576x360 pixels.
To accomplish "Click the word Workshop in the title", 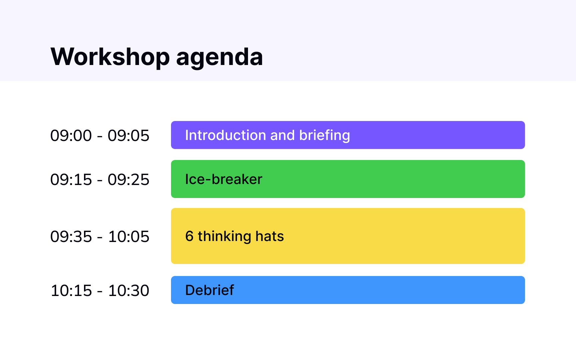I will [x=110, y=57].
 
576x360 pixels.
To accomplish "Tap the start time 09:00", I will [x=71, y=136].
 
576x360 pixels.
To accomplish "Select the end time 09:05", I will [x=128, y=136].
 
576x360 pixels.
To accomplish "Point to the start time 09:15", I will [x=71, y=180].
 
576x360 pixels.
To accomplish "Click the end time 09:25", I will [x=128, y=180].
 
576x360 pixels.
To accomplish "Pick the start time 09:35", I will [x=71, y=237].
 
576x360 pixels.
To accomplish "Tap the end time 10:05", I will [x=129, y=237].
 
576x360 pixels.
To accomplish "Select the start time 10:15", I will [x=71, y=291].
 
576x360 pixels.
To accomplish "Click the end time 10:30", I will [x=129, y=291].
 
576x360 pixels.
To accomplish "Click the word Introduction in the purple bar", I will [x=226, y=135].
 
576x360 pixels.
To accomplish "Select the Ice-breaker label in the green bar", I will [x=224, y=179].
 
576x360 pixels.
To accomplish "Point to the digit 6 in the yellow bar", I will [x=189, y=236].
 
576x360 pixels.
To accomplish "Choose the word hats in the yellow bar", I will [x=269, y=236].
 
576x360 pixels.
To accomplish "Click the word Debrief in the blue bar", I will [x=209, y=290].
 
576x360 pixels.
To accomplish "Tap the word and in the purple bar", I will [x=282, y=135].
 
